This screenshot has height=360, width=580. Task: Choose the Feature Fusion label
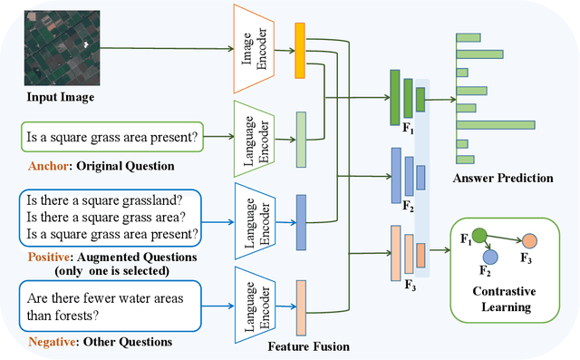(x=308, y=346)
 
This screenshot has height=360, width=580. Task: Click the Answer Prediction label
(x=502, y=179)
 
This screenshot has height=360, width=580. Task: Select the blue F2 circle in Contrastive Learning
(x=490, y=258)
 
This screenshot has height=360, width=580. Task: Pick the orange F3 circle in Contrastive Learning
(x=528, y=243)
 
